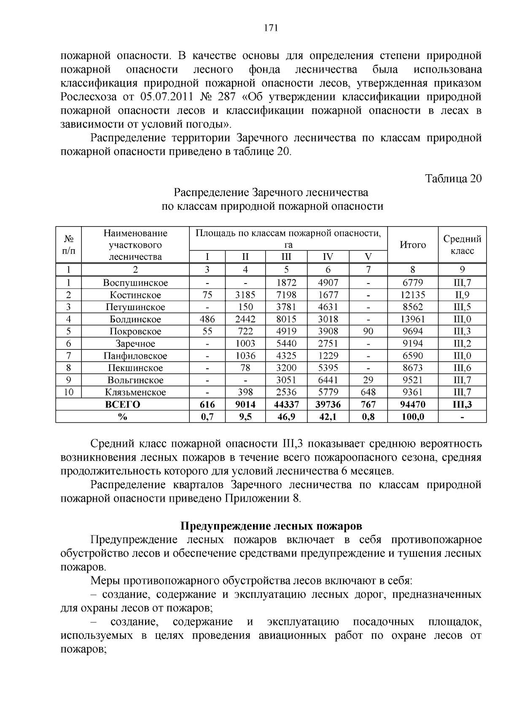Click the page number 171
(270, 28)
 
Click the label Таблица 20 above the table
(453, 178)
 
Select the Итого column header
(413, 245)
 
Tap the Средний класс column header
(462, 245)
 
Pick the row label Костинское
(135, 295)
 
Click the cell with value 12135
(413, 295)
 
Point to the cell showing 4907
(328, 283)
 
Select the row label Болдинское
(135, 319)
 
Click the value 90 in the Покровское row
(368, 331)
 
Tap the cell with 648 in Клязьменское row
(368, 392)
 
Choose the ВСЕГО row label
(122, 405)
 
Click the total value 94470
(413, 405)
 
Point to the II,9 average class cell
(462, 295)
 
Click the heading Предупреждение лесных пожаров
(271, 526)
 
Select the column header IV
(328, 257)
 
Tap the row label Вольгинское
(135, 380)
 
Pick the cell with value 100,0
(413, 417)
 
